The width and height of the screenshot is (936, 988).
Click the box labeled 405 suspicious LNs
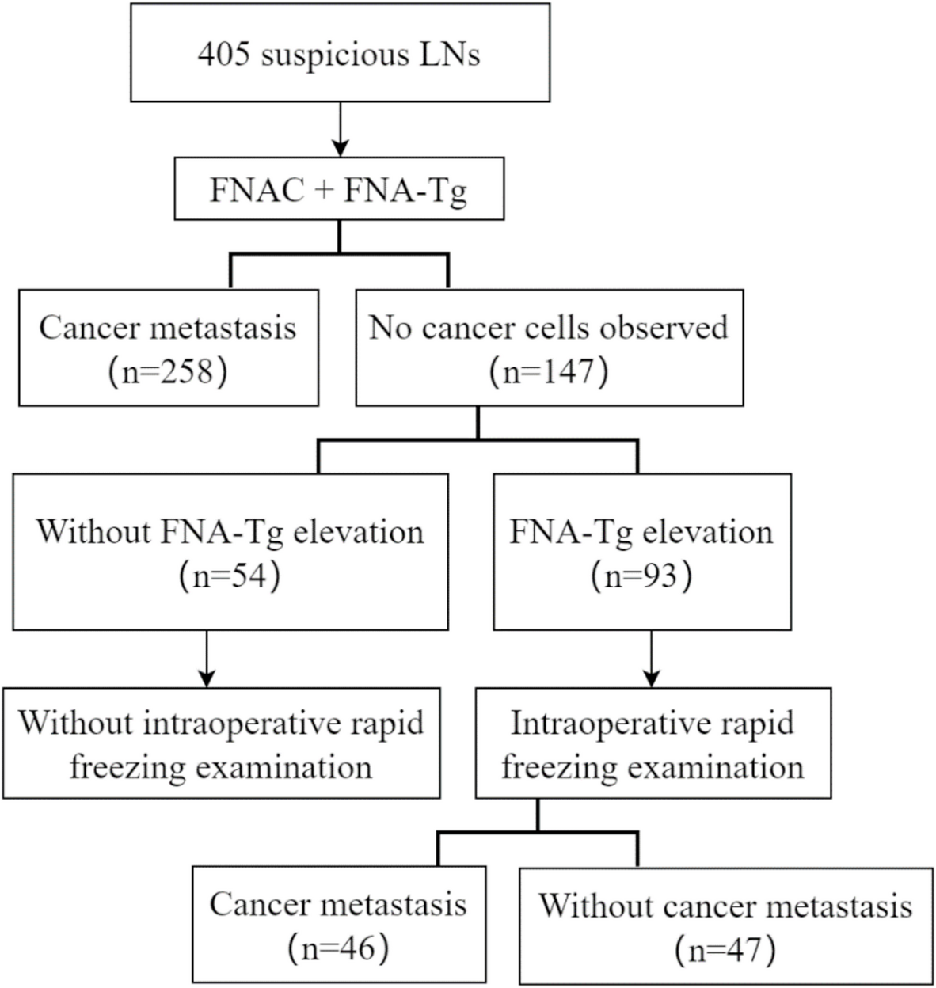tap(339, 52)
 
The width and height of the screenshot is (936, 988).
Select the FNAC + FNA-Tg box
tap(339, 192)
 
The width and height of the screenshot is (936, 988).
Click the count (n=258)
tap(167, 371)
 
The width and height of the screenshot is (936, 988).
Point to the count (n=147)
tap(549, 371)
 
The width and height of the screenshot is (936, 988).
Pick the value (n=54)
tap(230, 575)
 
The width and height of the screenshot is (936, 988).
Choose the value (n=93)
tap(641, 575)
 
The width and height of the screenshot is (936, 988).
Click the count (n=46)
tap(338, 948)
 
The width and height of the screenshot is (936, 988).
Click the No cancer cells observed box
tap(549, 348)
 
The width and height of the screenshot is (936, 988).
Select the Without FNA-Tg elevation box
tap(230, 552)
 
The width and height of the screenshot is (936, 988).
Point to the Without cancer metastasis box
tap(725, 925)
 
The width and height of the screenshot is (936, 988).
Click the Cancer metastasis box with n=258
tap(167, 348)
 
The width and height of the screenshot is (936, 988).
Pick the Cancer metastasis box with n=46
tap(338, 924)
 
